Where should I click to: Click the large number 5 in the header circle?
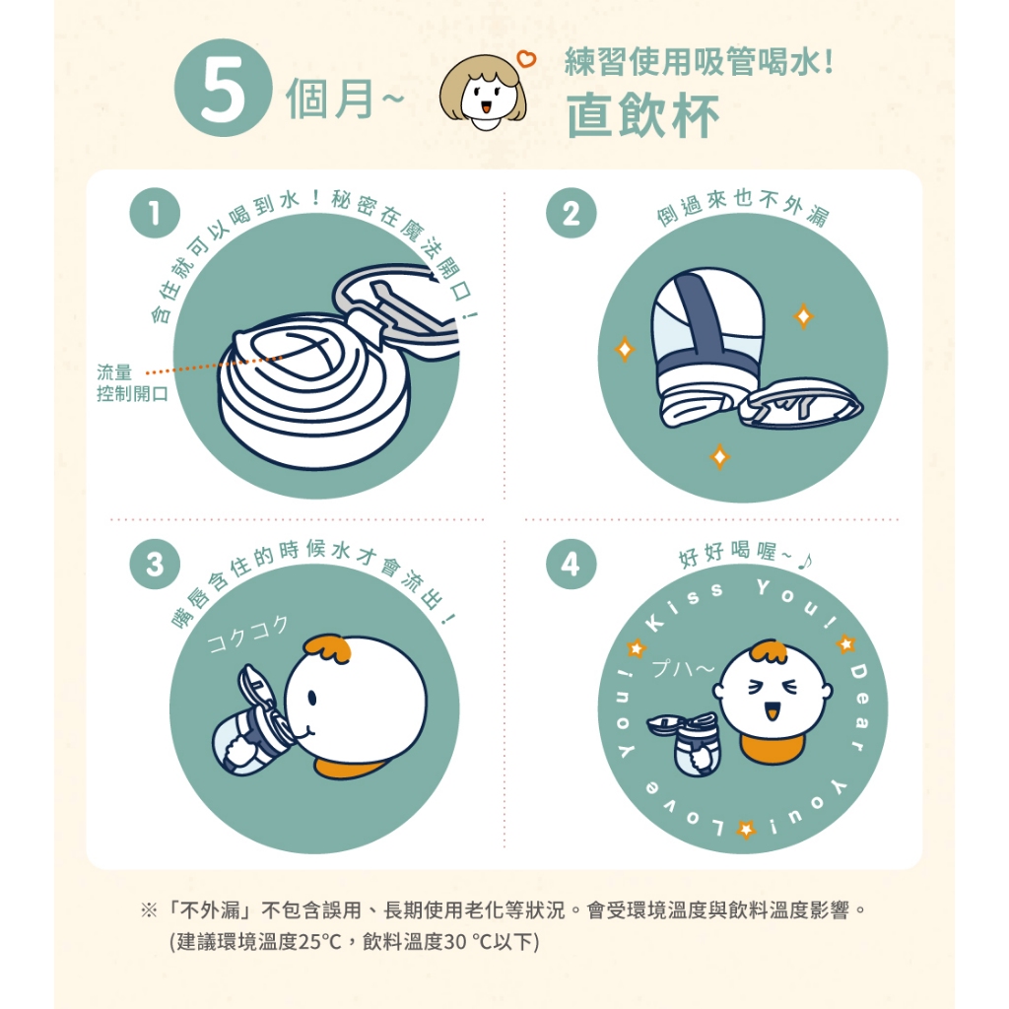click(x=223, y=89)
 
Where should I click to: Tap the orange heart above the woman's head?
click(x=526, y=58)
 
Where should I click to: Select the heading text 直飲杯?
click(x=642, y=116)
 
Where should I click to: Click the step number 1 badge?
click(x=155, y=213)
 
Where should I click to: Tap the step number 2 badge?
click(x=571, y=213)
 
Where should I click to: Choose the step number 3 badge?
click(x=155, y=565)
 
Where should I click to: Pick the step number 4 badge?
click(x=571, y=565)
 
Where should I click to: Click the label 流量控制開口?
click(x=132, y=383)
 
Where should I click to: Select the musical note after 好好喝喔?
click(x=805, y=562)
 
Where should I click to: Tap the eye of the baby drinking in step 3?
click(x=312, y=698)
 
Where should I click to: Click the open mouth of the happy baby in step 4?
click(x=772, y=712)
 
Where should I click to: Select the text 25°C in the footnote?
click(x=319, y=942)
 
